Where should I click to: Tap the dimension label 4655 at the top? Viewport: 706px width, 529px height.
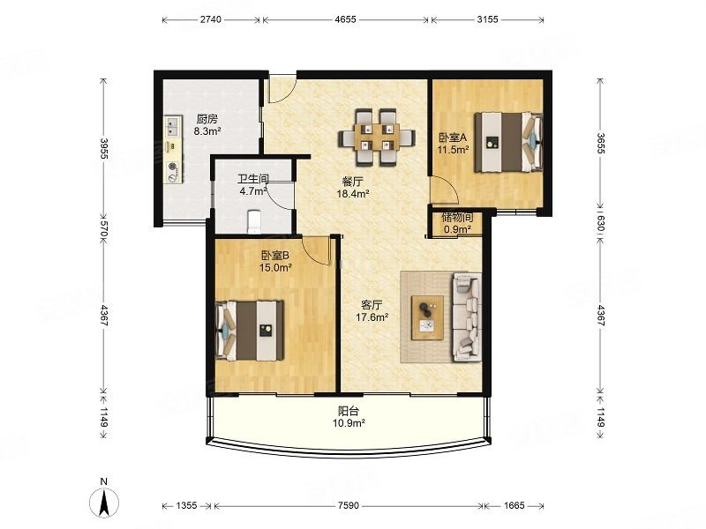346,19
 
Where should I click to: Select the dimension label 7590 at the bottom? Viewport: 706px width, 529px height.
348,505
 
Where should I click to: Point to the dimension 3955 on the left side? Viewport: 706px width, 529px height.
104,148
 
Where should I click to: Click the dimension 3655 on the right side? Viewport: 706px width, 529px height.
601,143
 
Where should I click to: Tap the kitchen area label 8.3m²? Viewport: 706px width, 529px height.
207,131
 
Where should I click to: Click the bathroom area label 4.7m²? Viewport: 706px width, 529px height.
253,191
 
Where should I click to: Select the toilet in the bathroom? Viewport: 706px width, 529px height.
254,221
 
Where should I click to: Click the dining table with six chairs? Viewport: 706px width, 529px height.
377,137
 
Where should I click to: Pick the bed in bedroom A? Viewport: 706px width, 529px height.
508,142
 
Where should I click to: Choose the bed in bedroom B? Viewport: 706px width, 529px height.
250,331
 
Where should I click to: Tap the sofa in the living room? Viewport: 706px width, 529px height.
468,318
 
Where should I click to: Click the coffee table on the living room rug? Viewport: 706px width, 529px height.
427,317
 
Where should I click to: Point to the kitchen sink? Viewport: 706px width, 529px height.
173,126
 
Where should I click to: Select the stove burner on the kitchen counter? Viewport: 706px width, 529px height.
173,172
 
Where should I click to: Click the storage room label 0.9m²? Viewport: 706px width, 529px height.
457,229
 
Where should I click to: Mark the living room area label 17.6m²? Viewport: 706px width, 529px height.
372,317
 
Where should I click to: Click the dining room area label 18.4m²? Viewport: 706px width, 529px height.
353,194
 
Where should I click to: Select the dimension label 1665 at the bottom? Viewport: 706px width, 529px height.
514,505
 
